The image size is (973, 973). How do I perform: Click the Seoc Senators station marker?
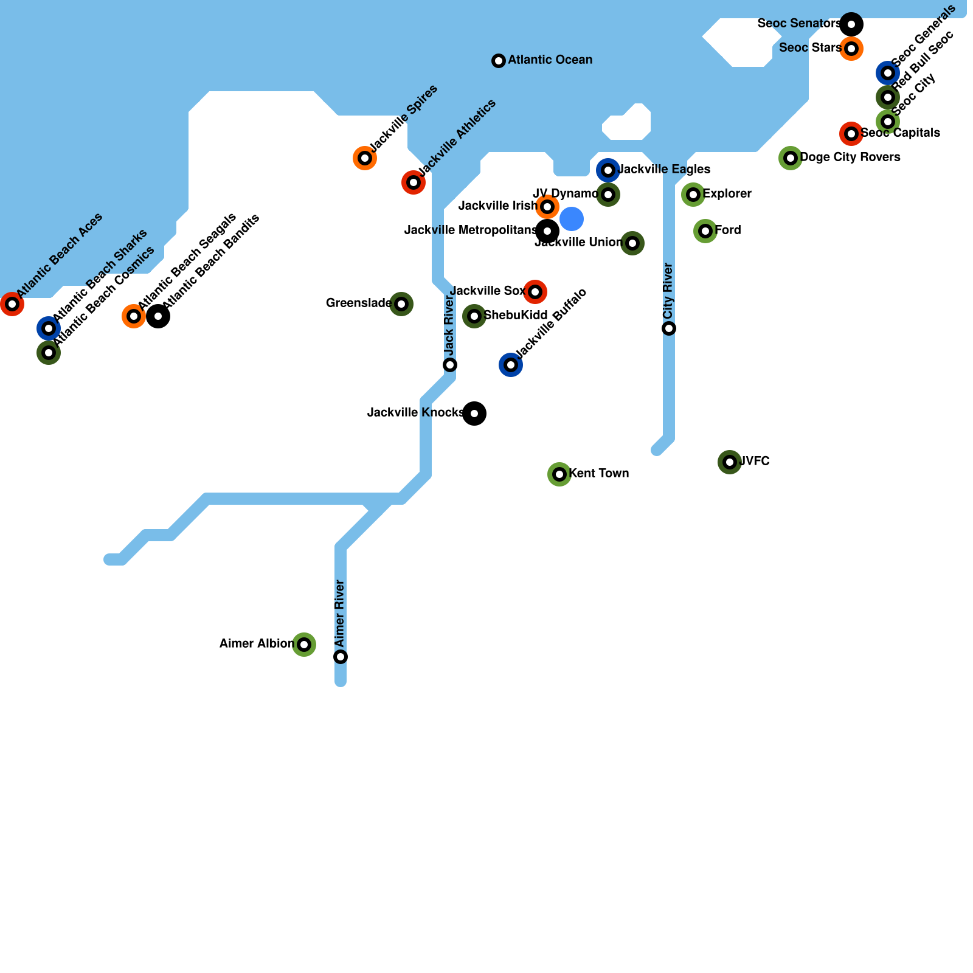851,24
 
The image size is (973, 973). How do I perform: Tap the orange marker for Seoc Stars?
851,49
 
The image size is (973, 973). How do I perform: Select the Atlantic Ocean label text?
550,60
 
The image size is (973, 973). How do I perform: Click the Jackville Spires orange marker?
365,158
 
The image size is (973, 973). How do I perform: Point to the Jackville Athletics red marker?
414,182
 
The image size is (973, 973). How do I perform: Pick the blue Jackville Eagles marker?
608,170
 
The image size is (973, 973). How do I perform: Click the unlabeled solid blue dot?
572,219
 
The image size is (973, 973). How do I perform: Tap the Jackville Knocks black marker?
474,414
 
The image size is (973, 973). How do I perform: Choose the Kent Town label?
599,474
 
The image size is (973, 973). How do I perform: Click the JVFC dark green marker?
730,462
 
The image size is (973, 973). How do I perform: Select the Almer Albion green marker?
304,645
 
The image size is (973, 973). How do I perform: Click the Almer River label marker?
341,657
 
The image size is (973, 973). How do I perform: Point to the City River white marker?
669,328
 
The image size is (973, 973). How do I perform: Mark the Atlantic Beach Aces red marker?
12,304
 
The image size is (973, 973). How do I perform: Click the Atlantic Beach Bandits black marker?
158,316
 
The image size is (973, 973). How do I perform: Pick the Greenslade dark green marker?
401,304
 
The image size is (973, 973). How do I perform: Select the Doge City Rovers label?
850,158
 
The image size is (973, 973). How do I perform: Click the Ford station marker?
705,231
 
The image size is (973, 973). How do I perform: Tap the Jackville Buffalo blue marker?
511,365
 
